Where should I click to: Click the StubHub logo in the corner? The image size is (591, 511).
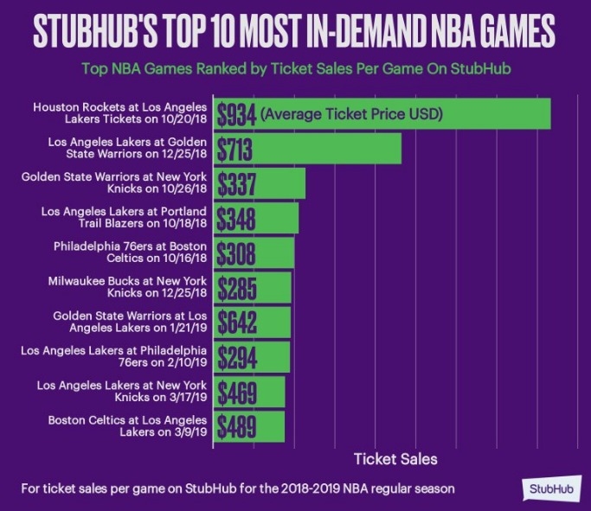point(551,488)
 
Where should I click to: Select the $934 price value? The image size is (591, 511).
point(235,114)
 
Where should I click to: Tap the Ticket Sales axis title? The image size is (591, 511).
point(396,457)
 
